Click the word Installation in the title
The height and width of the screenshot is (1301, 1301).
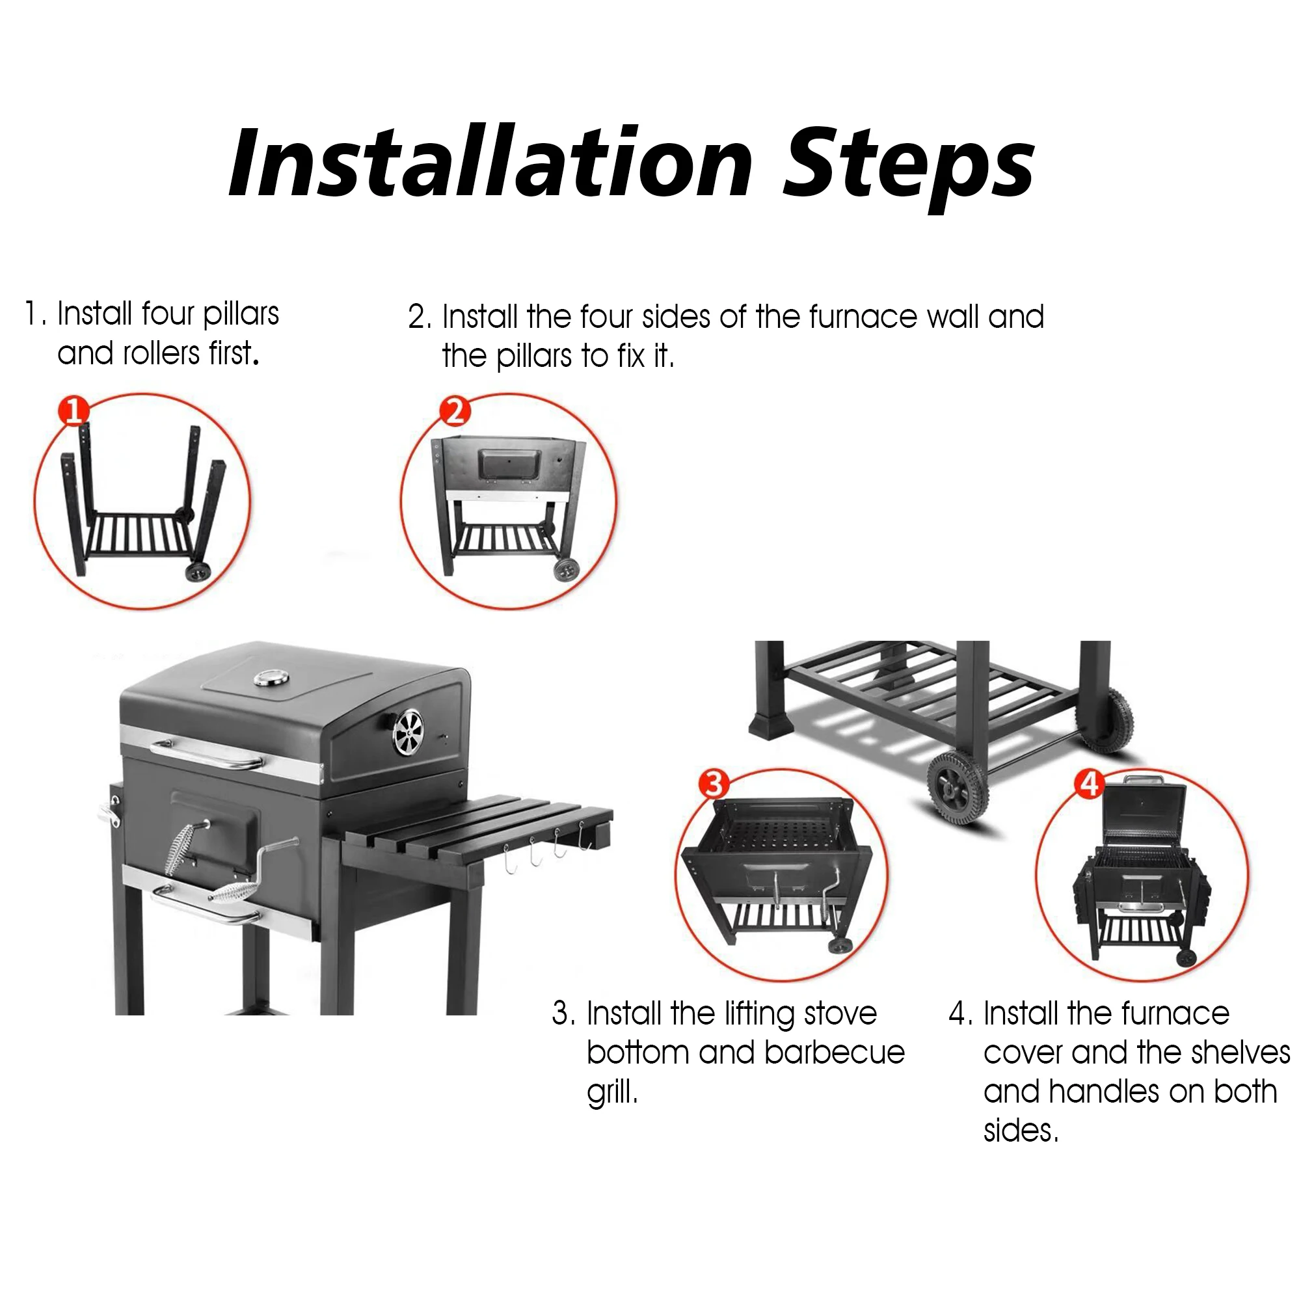pyautogui.click(x=490, y=164)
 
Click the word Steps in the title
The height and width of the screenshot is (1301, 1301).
pyautogui.click(x=909, y=168)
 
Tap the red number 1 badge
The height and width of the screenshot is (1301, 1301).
pyautogui.click(x=74, y=410)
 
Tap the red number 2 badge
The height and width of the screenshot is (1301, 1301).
pyautogui.click(x=455, y=410)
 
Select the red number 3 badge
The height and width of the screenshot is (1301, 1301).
pyautogui.click(x=714, y=784)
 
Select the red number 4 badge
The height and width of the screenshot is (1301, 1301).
pyautogui.click(x=1090, y=784)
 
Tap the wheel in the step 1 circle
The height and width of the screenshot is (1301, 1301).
pyautogui.click(x=198, y=572)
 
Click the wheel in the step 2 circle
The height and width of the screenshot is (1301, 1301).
pyautogui.click(x=567, y=569)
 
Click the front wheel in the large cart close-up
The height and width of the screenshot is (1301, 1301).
pyautogui.click(x=958, y=788)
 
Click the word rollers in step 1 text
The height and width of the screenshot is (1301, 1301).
pyautogui.click(x=162, y=353)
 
